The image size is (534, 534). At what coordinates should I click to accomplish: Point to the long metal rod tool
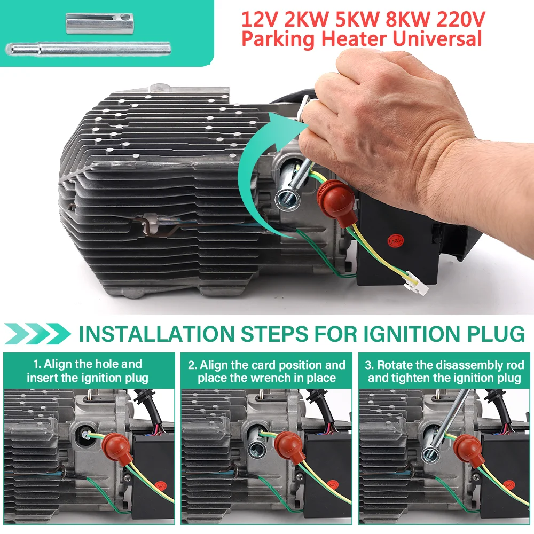click(88, 49)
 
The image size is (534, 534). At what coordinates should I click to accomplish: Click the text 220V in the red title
click(460, 20)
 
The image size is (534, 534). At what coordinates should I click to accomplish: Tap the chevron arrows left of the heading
click(36, 334)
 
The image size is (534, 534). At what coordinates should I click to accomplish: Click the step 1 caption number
click(37, 365)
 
